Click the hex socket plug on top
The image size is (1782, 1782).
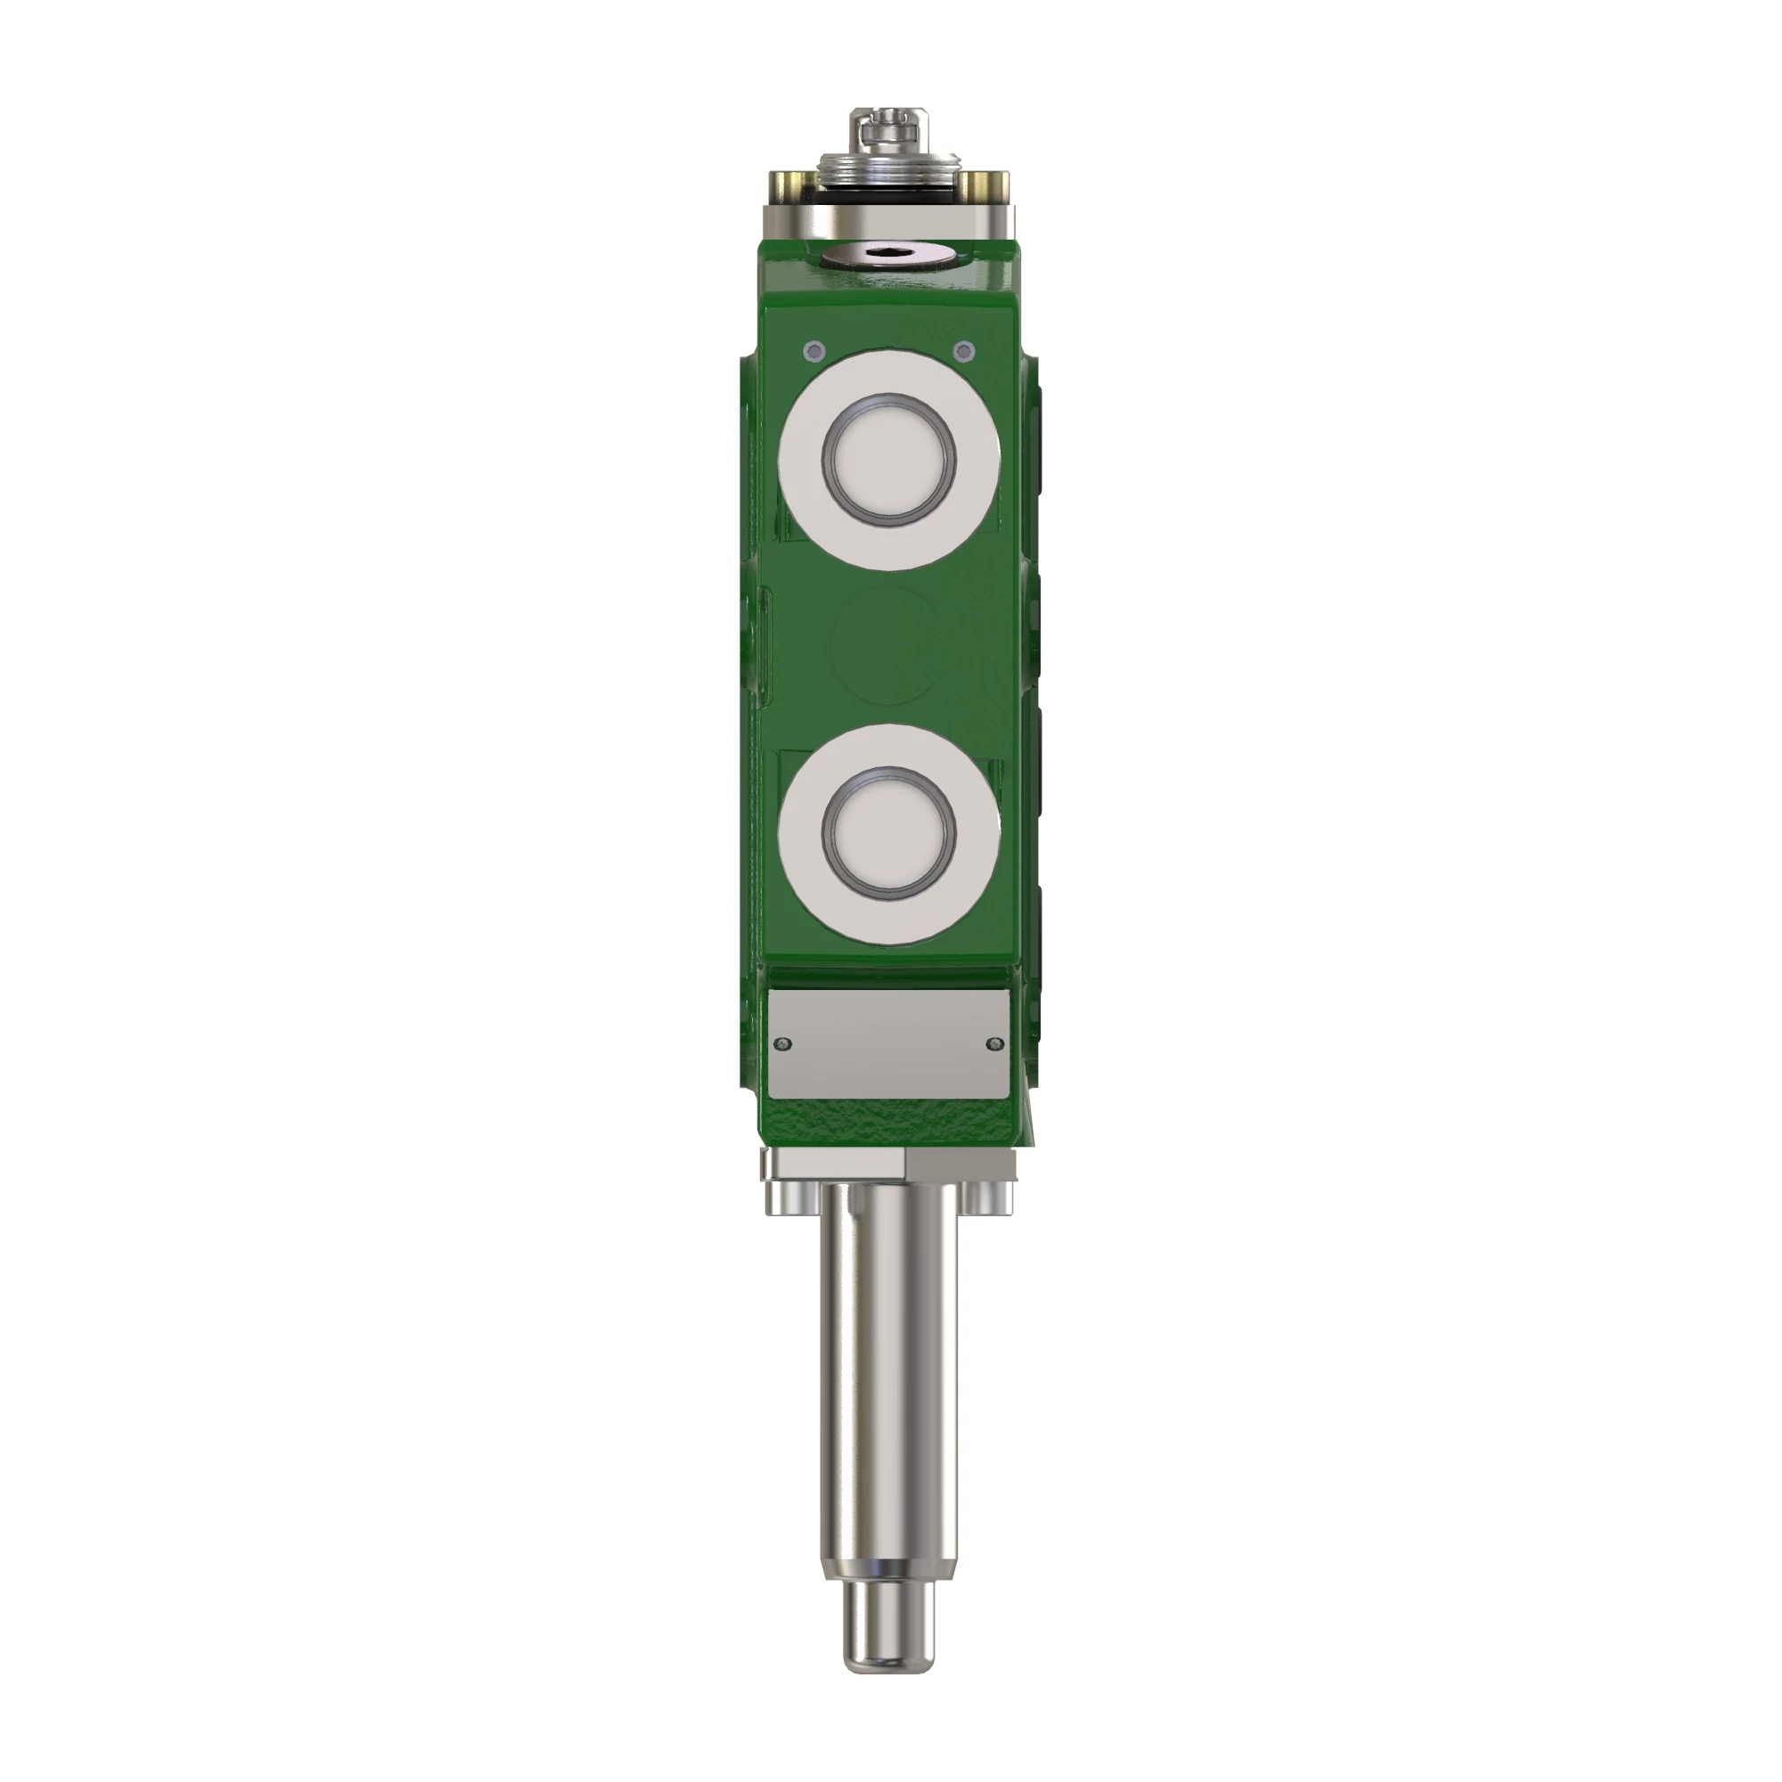(889, 254)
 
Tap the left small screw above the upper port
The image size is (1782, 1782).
(813, 350)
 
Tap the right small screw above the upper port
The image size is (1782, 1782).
(965, 350)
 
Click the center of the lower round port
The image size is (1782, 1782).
(889, 834)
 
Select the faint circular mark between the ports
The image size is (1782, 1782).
(889, 646)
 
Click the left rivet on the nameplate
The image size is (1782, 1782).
(784, 1043)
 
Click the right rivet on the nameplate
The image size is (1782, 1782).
(993, 1043)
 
